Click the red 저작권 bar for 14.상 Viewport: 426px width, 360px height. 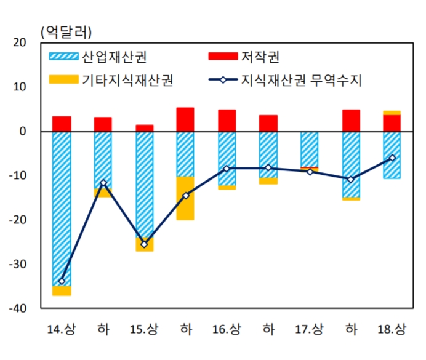tap(62, 124)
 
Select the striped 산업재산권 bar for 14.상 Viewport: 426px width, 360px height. tap(62, 209)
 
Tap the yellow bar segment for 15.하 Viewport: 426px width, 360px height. tap(185, 198)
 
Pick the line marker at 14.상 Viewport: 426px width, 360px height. tap(62, 281)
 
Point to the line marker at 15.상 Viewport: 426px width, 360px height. tap(144, 244)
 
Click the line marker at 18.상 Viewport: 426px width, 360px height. tap(392, 158)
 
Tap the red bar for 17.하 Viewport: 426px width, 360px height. tap(351, 121)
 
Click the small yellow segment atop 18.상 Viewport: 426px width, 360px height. tap(392, 113)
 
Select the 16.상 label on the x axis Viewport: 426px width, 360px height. tap(227, 329)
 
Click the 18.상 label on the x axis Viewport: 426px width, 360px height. tap(392, 329)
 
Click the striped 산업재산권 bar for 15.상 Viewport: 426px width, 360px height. tap(144, 185)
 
